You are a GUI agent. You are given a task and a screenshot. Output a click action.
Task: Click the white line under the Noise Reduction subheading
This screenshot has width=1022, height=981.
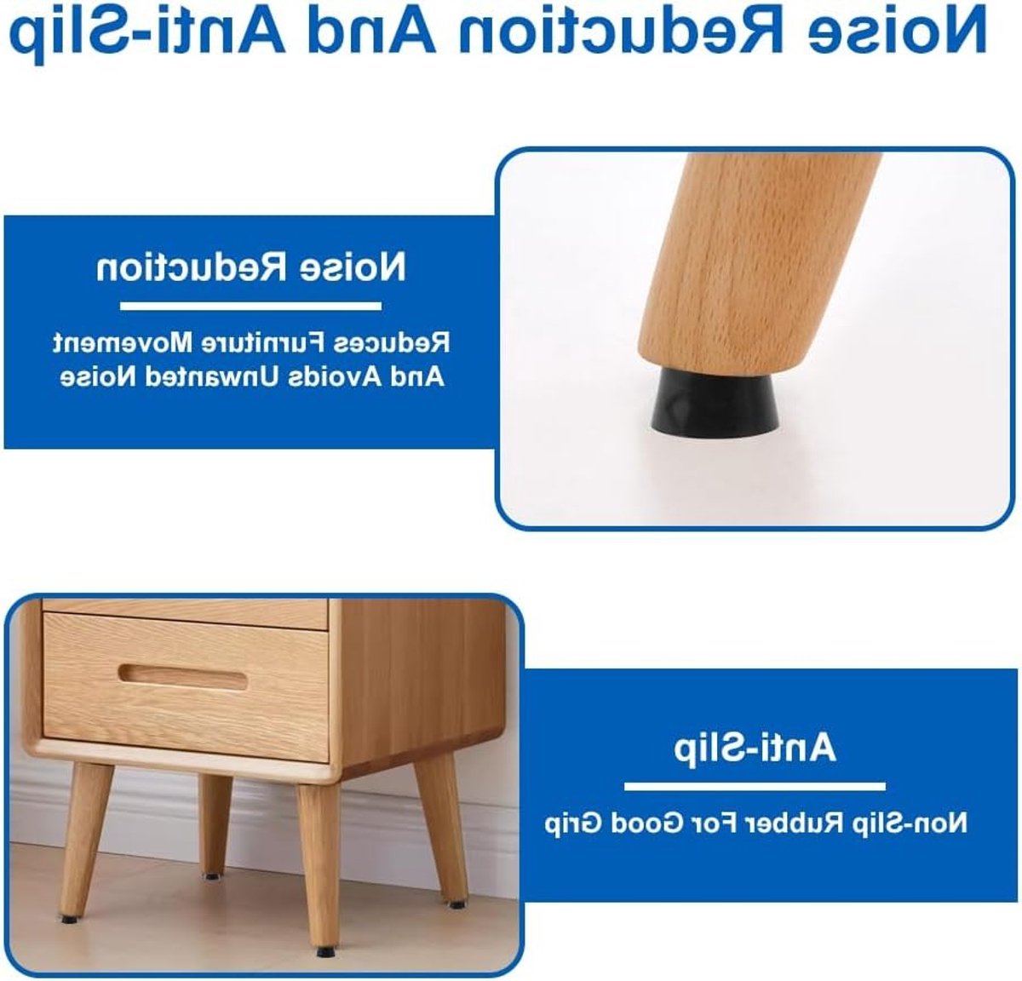click(250, 307)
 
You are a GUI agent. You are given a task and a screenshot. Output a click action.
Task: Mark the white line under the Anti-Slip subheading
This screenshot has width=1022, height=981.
click(755, 786)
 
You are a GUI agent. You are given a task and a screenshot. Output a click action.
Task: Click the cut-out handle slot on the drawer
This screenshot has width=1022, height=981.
click(182, 679)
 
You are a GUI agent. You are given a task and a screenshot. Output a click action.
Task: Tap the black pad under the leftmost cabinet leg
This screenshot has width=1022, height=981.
click(67, 919)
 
